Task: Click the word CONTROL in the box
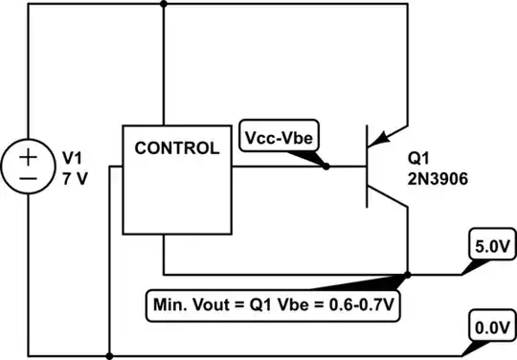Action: pos(176,148)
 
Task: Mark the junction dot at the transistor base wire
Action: pos(326,167)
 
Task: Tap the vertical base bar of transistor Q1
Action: pos(368,167)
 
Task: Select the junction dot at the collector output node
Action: pos(408,274)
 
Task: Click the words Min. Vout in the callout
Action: pos(191,307)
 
